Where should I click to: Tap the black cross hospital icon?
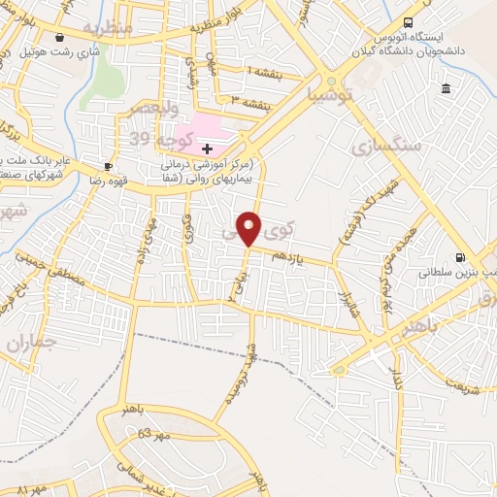point(207,149)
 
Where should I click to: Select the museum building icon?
point(446,89)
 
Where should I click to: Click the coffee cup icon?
point(109,166)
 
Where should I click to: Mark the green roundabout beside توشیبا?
point(332,82)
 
